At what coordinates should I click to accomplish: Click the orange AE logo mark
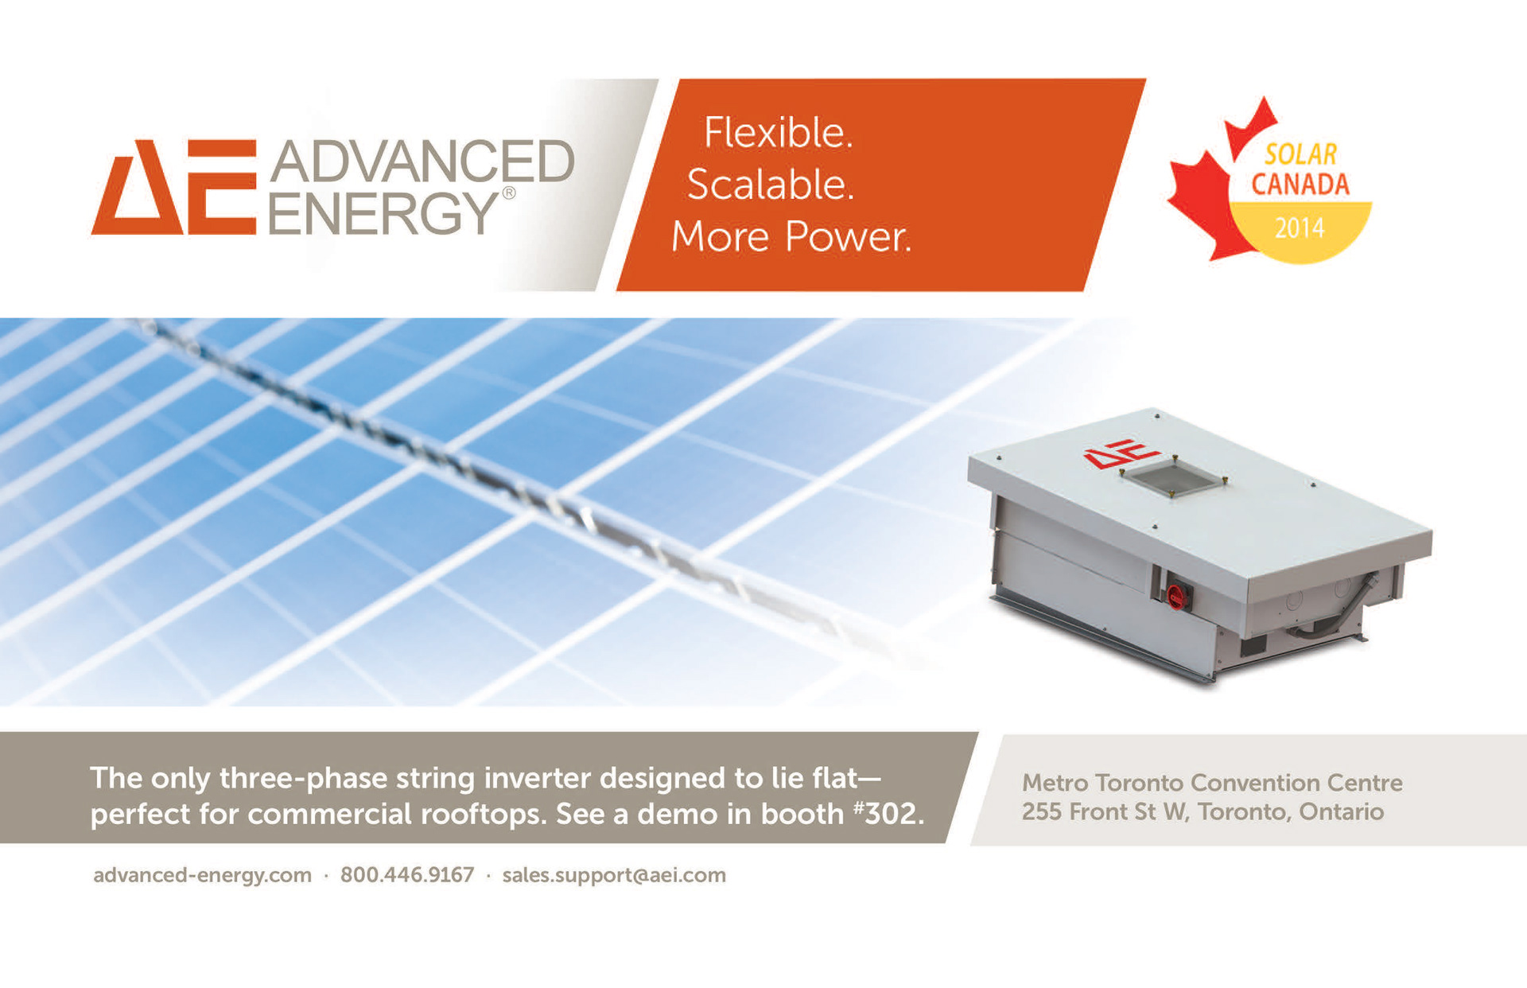[174, 188]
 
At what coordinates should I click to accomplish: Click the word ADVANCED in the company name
[422, 161]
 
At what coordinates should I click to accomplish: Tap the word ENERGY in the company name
[383, 212]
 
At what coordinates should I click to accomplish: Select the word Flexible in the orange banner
[778, 132]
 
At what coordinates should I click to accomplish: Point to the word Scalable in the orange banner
[770, 185]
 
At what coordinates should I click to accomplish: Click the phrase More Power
[791, 237]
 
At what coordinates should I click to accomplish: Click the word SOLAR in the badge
[1301, 154]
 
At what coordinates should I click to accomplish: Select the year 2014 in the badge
[1300, 228]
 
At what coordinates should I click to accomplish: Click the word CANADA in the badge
[1300, 185]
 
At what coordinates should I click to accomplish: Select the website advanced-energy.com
[202, 876]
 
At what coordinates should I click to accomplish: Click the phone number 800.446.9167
[407, 875]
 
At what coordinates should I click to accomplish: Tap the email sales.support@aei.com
[614, 876]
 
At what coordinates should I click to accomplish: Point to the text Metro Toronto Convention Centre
[1212, 783]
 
